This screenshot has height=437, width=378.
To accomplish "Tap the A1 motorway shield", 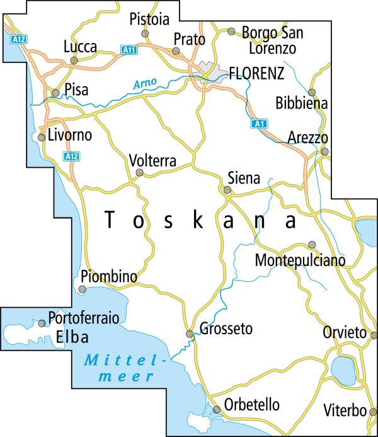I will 257,124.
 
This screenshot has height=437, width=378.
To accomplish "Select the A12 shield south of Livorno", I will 71,156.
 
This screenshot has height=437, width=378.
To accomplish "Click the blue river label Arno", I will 145,82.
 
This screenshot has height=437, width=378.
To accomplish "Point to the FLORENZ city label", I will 256,73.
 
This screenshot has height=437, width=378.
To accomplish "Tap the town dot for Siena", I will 227,189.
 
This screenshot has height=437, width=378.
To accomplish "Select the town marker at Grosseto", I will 189,334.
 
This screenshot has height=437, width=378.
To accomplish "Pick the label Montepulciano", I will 301,260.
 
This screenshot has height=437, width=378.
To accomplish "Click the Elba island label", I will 72,337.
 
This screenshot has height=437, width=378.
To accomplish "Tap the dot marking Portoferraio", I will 42,323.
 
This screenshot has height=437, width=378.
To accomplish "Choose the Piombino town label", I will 109,276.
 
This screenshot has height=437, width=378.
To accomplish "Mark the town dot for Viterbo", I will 372,412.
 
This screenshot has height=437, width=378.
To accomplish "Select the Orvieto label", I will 343,332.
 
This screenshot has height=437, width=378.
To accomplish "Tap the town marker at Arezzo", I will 324,151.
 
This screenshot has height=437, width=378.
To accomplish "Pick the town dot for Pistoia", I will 145,33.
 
